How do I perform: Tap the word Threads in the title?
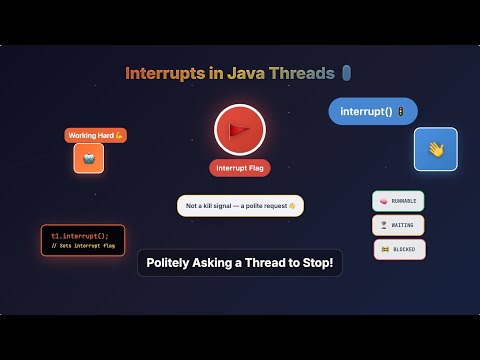pyautogui.click(x=304, y=73)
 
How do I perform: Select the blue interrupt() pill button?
pyautogui.click(x=373, y=111)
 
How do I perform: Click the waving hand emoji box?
pyautogui.click(x=436, y=149)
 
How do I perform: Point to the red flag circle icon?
pyautogui.click(x=239, y=129)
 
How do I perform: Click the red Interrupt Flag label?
pyautogui.click(x=239, y=168)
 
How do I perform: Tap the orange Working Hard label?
pyautogui.click(x=96, y=135)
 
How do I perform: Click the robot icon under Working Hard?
pyautogui.click(x=88, y=158)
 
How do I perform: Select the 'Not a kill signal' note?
pyautogui.click(x=240, y=206)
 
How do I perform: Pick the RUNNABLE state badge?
pyautogui.click(x=398, y=201)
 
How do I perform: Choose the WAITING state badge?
pyautogui.click(x=398, y=225)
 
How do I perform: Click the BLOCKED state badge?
pyautogui.click(x=400, y=249)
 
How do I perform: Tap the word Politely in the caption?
pyautogui.click(x=172, y=262)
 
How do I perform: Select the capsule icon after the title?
pyautogui.click(x=346, y=73)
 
